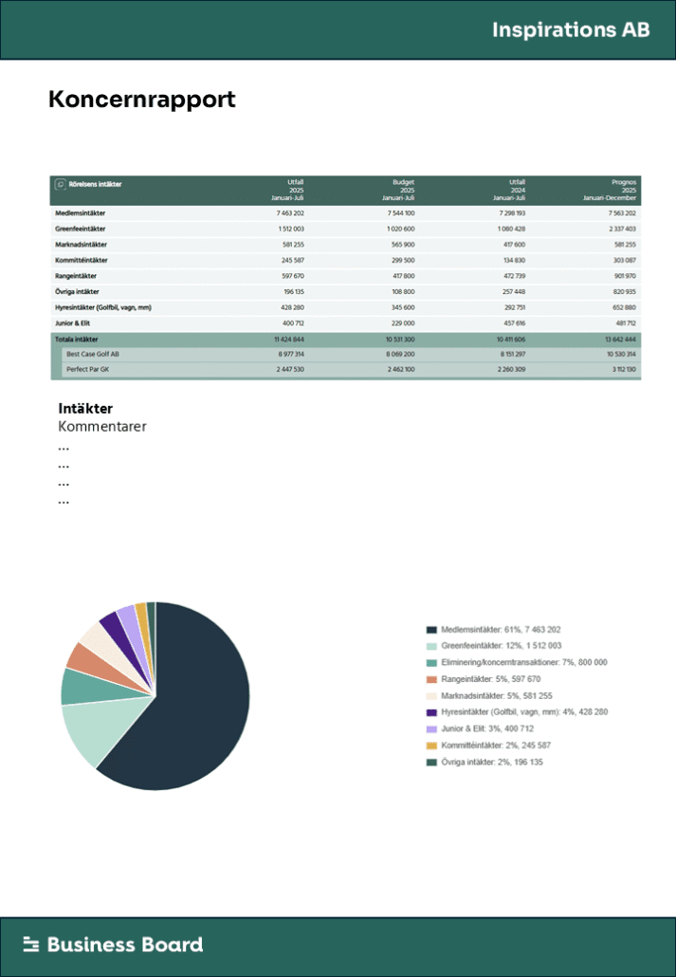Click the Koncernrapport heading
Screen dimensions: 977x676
(x=141, y=100)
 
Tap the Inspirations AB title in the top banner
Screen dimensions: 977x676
(x=571, y=29)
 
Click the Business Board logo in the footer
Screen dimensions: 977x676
(x=113, y=944)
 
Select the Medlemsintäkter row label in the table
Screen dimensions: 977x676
(x=80, y=213)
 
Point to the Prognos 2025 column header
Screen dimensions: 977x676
(x=613, y=189)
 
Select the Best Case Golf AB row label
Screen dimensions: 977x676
(x=92, y=353)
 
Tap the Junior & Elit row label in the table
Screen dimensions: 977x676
(x=75, y=323)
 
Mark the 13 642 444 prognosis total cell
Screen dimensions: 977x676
(x=616, y=339)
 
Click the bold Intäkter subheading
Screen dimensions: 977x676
(x=85, y=409)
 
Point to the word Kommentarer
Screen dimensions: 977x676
(x=102, y=427)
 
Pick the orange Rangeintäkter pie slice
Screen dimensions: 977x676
(x=77, y=655)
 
